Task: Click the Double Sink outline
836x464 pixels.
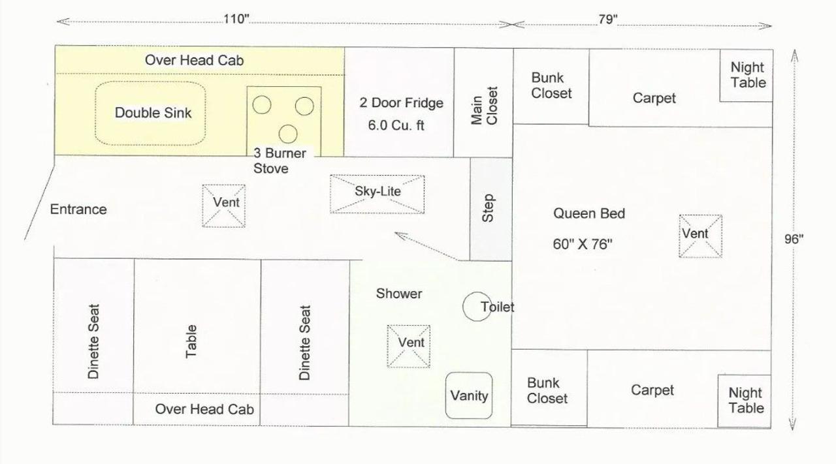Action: click(153, 113)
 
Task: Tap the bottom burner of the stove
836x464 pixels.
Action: click(288, 134)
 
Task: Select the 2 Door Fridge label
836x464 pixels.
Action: click(401, 103)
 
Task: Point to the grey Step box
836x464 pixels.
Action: click(490, 208)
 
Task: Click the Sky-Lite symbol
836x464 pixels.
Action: click(377, 194)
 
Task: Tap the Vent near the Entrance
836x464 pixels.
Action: click(224, 206)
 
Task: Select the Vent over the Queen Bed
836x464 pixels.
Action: click(700, 236)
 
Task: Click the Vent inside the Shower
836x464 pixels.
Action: click(409, 346)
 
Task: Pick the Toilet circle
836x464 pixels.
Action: click(476, 306)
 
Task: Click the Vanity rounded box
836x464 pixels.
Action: click(469, 395)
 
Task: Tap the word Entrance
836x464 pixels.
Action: click(78, 209)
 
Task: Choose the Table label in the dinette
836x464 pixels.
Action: click(191, 341)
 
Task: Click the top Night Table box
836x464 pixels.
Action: click(747, 75)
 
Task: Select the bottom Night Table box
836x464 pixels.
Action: click(745, 401)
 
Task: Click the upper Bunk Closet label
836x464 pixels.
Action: click(551, 86)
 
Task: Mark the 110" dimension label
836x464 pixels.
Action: click(236, 19)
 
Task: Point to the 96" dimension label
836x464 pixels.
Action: click(794, 239)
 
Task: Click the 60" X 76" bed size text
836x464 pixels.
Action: click(583, 245)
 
